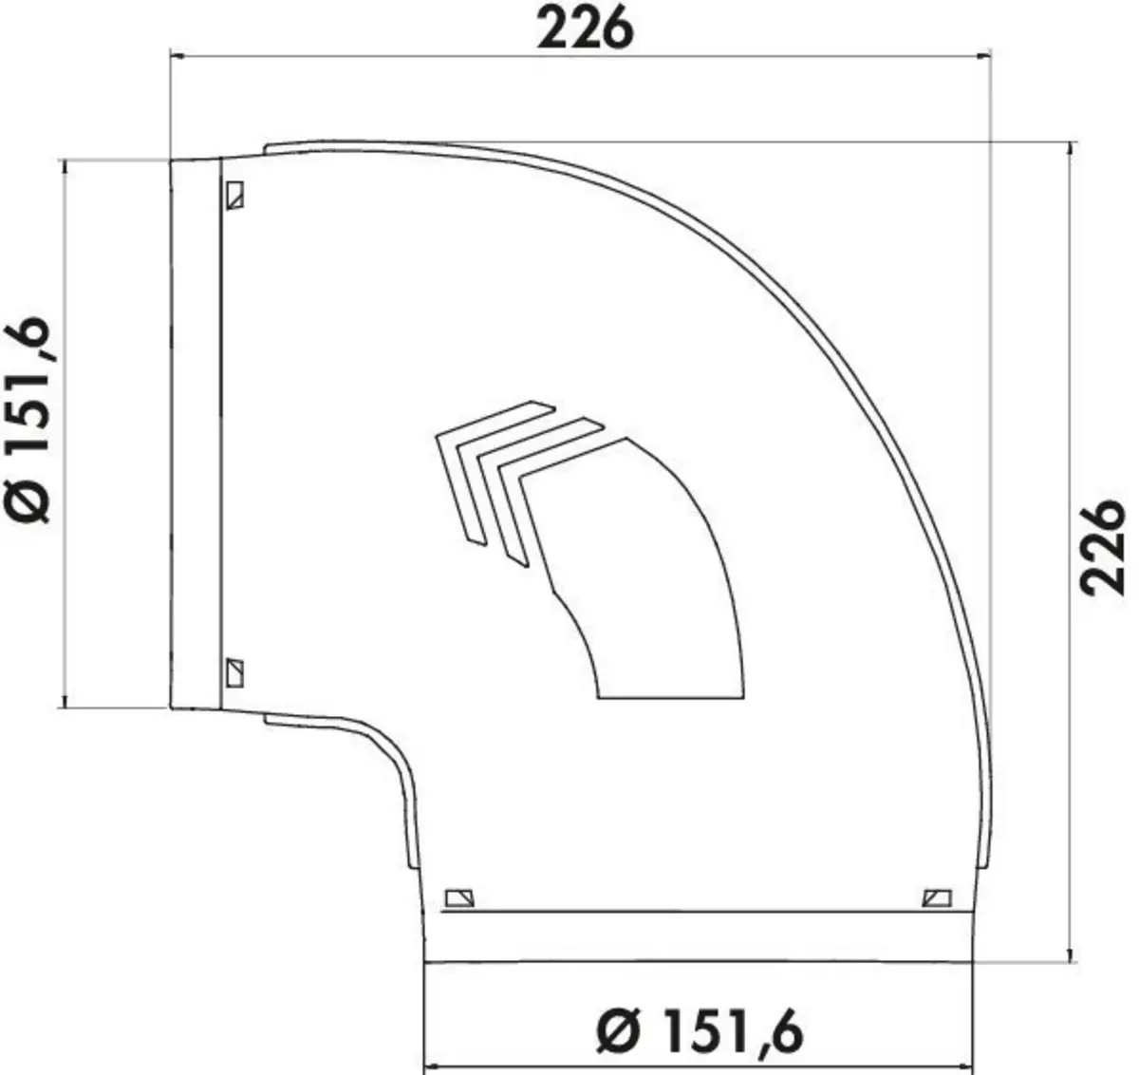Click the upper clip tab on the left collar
(x=234, y=195)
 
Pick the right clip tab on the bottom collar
(x=938, y=897)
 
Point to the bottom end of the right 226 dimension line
(x=1072, y=961)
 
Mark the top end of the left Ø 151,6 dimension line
(x=65, y=160)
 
